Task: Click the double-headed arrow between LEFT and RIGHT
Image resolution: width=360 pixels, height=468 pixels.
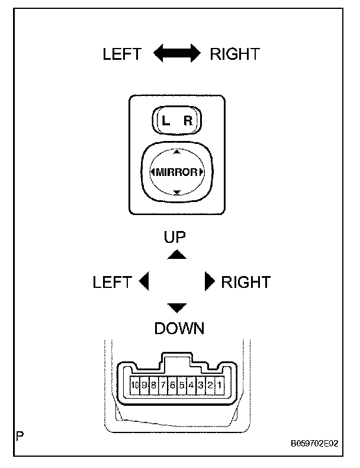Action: pyautogui.click(x=176, y=54)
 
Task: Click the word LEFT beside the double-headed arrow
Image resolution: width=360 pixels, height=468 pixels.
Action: pyautogui.click(x=122, y=55)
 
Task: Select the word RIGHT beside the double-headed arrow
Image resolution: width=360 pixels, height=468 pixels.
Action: pyautogui.click(x=234, y=55)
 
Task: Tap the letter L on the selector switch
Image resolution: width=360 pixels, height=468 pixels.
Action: pyautogui.click(x=166, y=121)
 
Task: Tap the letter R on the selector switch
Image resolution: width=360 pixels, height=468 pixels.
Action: pyautogui.click(x=188, y=121)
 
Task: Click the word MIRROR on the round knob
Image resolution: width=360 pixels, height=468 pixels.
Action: pyautogui.click(x=176, y=172)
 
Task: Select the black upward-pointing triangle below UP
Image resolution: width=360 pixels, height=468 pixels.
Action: pyautogui.click(x=176, y=254)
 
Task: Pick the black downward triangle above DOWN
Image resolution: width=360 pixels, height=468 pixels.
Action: pyautogui.click(x=176, y=307)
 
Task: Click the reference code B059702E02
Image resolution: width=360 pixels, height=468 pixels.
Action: pyautogui.click(x=314, y=443)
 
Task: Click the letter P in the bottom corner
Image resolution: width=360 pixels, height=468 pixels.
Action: pyautogui.click(x=21, y=438)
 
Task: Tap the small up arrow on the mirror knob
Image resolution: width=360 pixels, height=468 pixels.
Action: pyautogui.click(x=176, y=152)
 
